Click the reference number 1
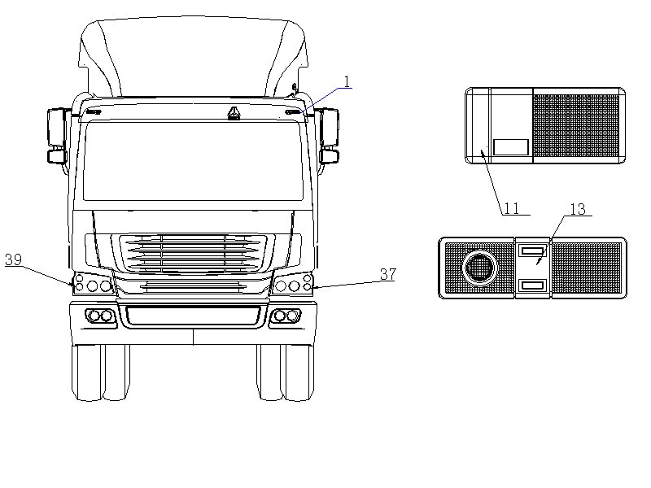click(347, 81)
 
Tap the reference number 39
click(13, 259)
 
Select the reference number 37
click(387, 274)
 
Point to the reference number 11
click(511, 208)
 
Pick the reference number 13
click(577, 209)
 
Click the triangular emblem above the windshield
click(234, 112)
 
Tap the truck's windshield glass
click(193, 161)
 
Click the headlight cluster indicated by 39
click(92, 285)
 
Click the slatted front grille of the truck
click(193, 255)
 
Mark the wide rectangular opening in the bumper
click(193, 315)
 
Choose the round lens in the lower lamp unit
click(478, 267)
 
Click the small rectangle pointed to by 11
click(511, 147)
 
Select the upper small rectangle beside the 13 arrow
click(532, 251)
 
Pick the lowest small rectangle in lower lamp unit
click(532, 285)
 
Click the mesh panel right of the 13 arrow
click(586, 268)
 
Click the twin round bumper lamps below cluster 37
click(286, 316)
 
